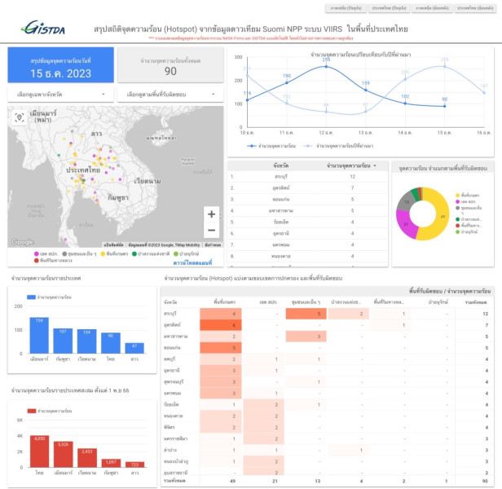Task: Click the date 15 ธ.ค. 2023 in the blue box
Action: point(61,72)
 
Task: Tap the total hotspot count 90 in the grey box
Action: point(170,72)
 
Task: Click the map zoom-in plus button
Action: point(212,214)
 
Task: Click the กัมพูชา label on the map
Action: point(121,198)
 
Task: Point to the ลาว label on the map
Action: point(96,132)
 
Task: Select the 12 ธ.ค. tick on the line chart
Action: point(326,131)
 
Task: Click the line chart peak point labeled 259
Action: point(326,66)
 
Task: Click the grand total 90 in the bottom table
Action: point(484,482)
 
